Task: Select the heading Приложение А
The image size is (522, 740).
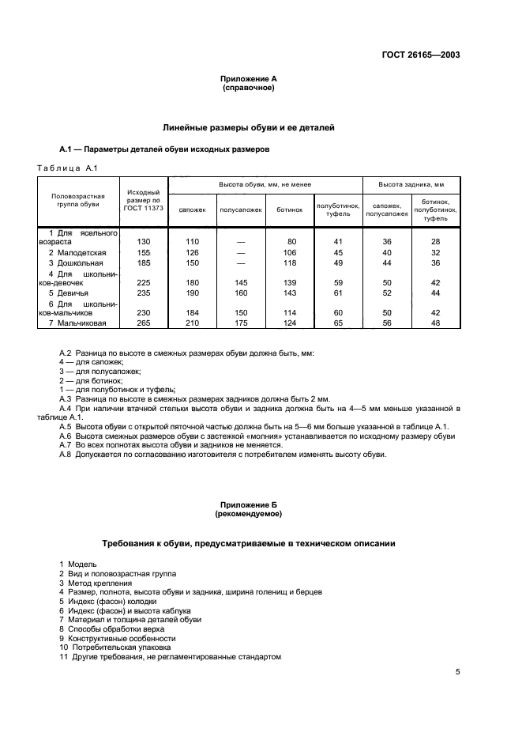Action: [248, 79]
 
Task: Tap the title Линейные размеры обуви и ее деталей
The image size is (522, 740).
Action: [248, 126]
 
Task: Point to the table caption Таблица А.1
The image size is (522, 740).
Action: [67, 168]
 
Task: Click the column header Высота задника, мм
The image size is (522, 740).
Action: [411, 184]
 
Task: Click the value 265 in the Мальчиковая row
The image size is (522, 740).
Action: [144, 323]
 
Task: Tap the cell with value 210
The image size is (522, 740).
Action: [192, 323]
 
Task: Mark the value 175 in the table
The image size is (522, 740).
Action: [241, 323]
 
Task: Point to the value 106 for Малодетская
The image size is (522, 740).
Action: [291, 252]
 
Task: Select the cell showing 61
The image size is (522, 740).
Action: [338, 292]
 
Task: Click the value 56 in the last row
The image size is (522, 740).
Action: [387, 323]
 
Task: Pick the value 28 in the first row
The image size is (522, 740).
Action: [435, 241]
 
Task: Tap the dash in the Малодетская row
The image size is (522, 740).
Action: [241, 252]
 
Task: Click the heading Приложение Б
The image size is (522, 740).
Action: [248, 504]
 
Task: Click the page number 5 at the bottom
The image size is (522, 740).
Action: [458, 672]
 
